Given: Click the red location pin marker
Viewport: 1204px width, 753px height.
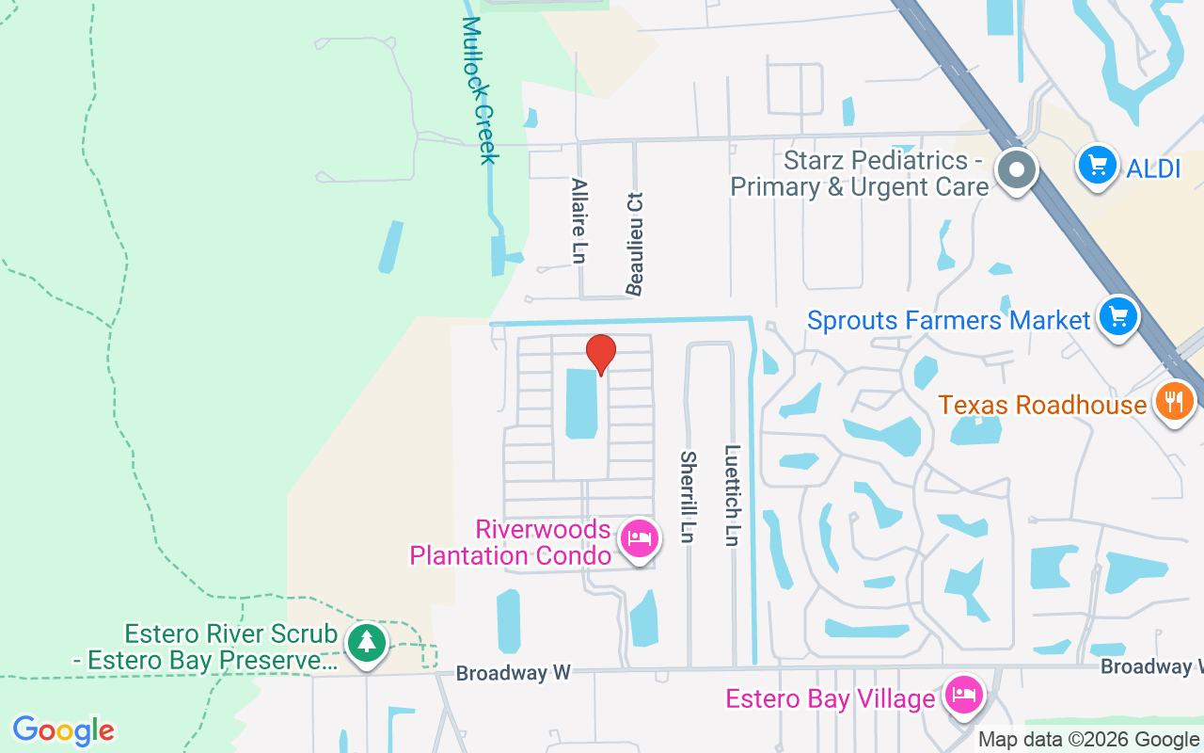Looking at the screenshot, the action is pyautogui.click(x=601, y=353).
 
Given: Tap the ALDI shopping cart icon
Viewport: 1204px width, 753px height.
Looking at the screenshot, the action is pyautogui.click(x=1097, y=166).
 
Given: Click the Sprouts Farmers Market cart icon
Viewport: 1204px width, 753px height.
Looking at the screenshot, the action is pyautogui.click(x=1118, y=316).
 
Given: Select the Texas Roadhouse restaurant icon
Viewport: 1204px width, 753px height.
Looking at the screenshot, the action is pyautogui.click(x=1173, y=402).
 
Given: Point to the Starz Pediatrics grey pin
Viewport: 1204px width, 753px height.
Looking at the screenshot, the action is pyautogui.click(x=1016, y=170).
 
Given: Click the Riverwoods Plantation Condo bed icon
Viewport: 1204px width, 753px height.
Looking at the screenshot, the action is pyautogui.click(x=640, y=539).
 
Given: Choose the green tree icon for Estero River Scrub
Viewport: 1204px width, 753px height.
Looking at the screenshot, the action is pyautogui.click(x=367, y=643).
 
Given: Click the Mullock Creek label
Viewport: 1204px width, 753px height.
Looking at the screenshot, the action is pyautogui.click(x=479, y=90).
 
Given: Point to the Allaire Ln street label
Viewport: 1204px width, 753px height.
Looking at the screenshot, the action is pyautogui.click(x=579, y=220).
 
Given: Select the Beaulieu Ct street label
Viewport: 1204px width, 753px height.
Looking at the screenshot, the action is pyautogui.click(x=636, y=244).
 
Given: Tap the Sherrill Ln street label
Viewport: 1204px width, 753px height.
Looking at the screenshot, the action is pyautogui.click(x=689, y=497).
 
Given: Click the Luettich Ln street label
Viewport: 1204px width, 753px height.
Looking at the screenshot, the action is pyautogui.click(x=733, y=495).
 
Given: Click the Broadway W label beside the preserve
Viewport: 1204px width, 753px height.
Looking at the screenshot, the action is pyautogui.click(x=514, y=673).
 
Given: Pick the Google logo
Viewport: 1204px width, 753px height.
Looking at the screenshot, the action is pyautogui.click(x=64, y=730).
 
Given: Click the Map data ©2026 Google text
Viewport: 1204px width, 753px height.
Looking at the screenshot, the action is pyautogui.click(x=1089, y=740).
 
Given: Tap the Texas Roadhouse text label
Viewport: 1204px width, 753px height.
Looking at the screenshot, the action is pyautogui.click(x=1042, y=406).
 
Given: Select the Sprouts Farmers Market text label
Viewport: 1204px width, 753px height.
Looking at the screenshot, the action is pyautogui.click(x=948, y=320).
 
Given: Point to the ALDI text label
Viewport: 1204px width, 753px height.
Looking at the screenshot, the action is pyautogui.click(x=1153, y=169).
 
